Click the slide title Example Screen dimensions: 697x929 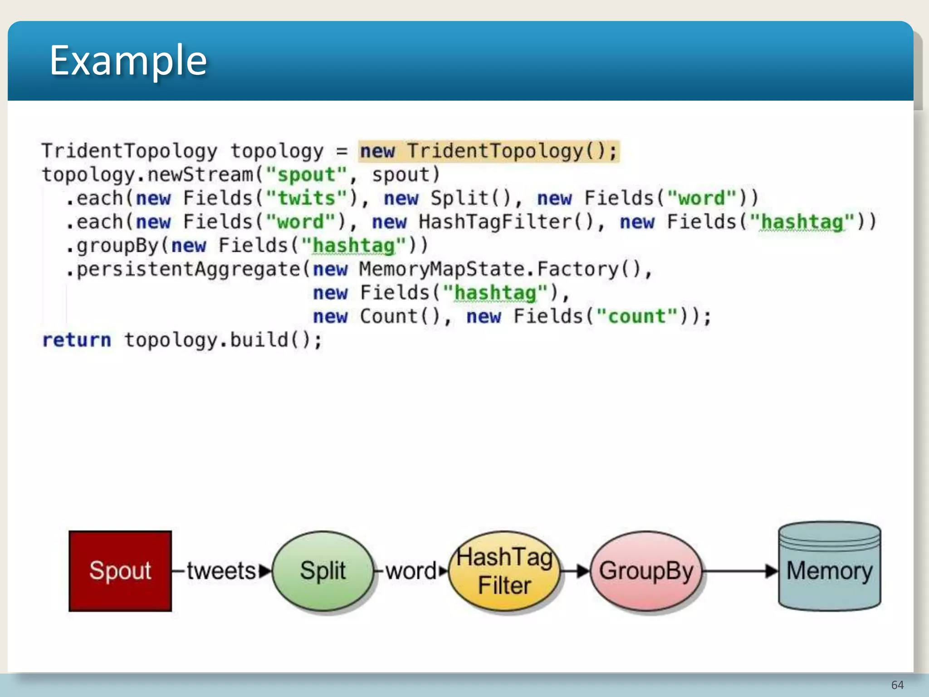pyautogui.click(x=128, y=60)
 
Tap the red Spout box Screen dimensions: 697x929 pyautogui.click(x=120, y=571)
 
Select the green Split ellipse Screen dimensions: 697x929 pyautogui.click(x=323, y=571)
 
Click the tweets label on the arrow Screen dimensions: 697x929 pyautogui.click(x=221, y=571)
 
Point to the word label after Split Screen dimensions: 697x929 pyautogui.click(x=411, y=571)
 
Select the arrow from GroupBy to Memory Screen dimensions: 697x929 pyautogui.click(x=739, y=571)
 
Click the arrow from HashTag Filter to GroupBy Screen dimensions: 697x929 pyautogui.click(x=575, y=571)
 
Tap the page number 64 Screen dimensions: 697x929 pyautogui.click(x=897, y=685)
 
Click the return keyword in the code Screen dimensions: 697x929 pyautogui.click(x=77, y=340)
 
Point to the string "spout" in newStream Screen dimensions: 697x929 pyautogui.click(x=307, y=175)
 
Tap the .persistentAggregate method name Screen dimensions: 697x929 pyautogui.click(x=184, y=269)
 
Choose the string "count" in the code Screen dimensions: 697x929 pyautogui.click(x=636, y=316)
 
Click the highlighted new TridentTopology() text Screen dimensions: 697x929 pyautogui.click(x=489, y=151)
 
